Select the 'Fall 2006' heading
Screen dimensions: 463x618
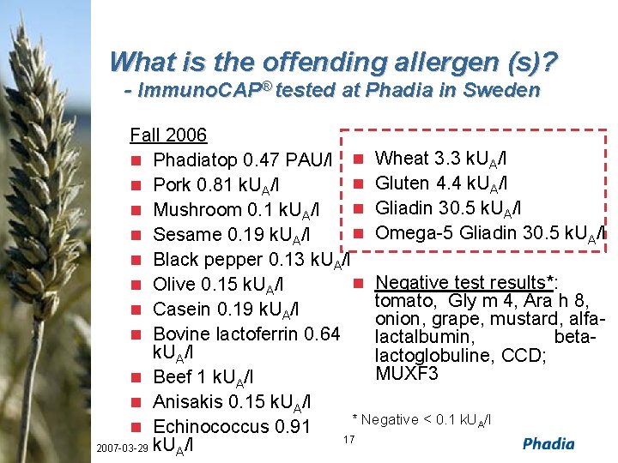tap(168, 135)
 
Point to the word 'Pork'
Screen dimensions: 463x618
tap(173, 185)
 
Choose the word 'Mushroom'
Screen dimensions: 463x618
tap(197, 210)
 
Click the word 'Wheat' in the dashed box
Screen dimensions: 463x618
tap(403, 159)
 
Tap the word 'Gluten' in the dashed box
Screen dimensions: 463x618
tap(403, 183)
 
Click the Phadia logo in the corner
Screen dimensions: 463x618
tap(548, 443)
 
